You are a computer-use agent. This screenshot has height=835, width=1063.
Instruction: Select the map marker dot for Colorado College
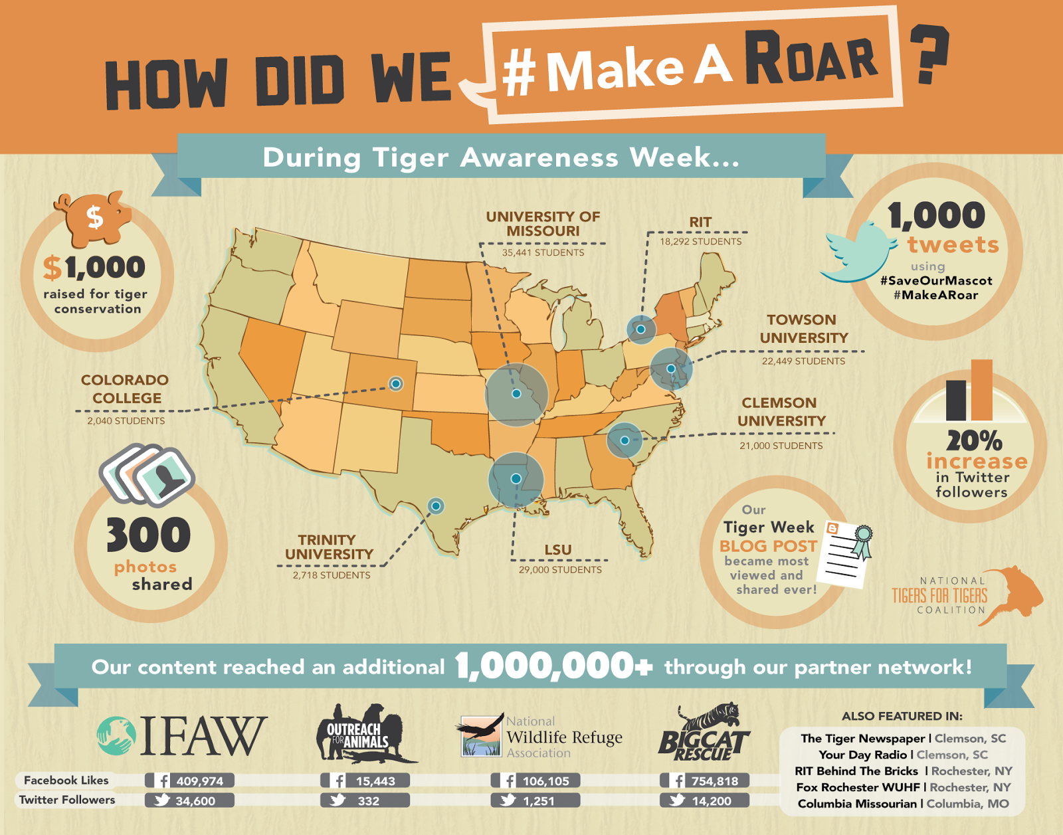click(396, 383)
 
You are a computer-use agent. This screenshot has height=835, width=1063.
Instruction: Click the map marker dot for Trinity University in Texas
click(436, 506)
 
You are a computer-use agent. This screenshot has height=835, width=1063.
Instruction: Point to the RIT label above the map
click(700, 222)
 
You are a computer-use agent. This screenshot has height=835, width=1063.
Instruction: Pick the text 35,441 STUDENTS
click(543, 252)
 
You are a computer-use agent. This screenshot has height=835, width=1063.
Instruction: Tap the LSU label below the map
click(558, 550)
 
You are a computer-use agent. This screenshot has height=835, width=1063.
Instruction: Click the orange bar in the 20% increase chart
click(981, 390)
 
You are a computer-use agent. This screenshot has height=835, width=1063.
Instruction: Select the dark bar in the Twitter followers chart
click(956, 400)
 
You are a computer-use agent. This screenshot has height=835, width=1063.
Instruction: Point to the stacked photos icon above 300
click(147, 474)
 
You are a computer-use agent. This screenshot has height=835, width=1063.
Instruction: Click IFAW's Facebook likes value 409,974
click(199, 781)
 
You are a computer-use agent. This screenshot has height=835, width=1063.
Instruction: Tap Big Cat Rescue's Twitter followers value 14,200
click(711, 801)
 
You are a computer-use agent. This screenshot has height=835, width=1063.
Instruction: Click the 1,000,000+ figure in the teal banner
click(553, 666)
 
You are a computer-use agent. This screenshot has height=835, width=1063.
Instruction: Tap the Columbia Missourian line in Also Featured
click(903, 804)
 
